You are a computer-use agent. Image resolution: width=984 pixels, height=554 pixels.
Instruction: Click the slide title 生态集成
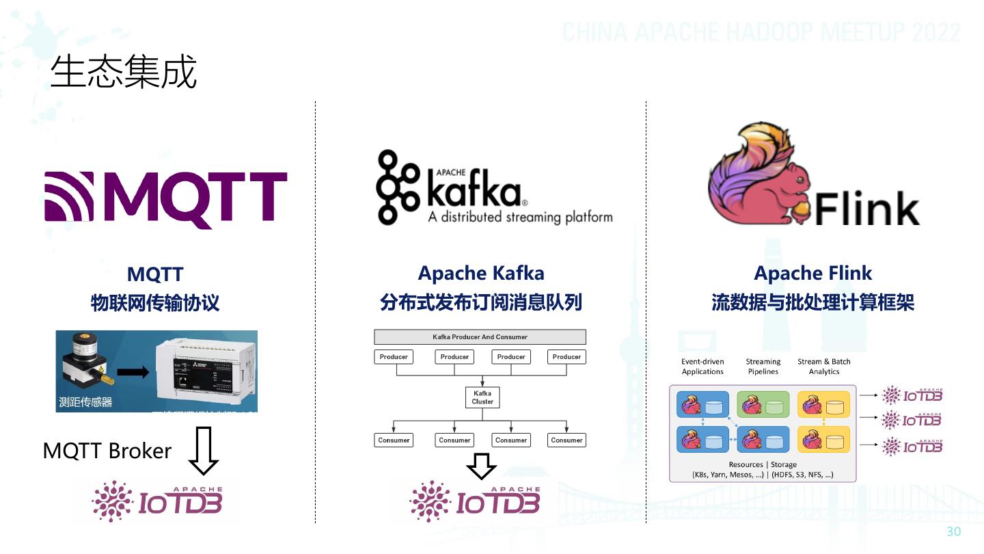coord(124,71)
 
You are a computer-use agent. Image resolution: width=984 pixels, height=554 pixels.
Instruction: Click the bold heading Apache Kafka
coord(481,274)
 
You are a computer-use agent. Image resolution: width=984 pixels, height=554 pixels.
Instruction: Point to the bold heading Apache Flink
coord(812,274)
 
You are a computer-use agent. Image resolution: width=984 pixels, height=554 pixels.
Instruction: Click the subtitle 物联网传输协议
coord(155,303)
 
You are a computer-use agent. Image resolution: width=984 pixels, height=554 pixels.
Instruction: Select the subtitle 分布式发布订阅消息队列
coord(481,302)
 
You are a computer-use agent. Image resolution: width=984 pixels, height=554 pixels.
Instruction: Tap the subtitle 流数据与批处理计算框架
coord(812,302)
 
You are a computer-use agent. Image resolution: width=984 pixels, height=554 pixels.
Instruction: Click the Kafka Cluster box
coord(482,397)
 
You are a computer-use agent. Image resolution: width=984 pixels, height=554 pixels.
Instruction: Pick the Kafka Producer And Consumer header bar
coord(480,337)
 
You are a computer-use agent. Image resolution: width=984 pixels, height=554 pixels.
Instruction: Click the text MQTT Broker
coord(107,451)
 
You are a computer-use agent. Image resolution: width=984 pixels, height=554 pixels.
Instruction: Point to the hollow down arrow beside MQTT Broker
coord(203,451)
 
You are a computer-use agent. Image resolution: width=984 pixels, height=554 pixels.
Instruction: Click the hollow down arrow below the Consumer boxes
coord(481,466)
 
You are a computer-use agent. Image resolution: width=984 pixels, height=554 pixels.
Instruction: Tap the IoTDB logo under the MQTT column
coord(157,501)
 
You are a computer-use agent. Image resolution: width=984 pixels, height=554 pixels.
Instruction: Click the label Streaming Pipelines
coord(763,367)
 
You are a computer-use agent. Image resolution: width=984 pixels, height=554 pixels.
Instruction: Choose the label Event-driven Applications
coord(702,367)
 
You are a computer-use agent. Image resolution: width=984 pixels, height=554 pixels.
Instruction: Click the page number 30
coord(953,532)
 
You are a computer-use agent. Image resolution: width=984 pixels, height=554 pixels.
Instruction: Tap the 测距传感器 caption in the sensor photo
coord(85,402)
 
